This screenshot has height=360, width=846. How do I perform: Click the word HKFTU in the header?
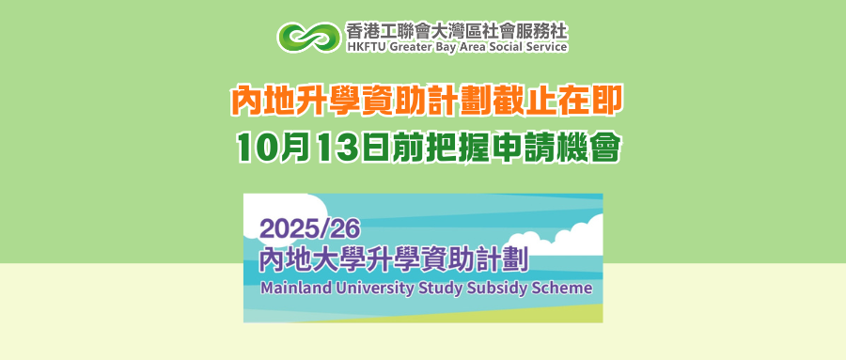(363, 47)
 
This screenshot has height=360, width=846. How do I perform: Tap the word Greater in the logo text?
(399, 47)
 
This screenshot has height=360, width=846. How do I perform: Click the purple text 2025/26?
(309, 229)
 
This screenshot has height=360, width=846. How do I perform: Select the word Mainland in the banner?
(285, 287)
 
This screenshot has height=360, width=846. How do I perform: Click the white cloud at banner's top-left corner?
(280, 213)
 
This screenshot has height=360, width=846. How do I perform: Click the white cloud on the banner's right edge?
(561, 238)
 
